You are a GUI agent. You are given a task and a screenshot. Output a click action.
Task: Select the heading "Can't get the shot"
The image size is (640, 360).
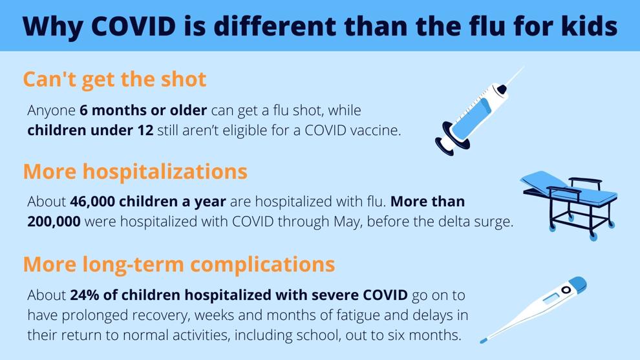click(x=114, y=79)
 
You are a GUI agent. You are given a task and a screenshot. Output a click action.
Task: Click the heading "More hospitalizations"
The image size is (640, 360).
click(x=135, y=171)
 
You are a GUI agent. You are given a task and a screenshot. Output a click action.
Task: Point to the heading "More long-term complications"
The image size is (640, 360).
click(x=179, y=264)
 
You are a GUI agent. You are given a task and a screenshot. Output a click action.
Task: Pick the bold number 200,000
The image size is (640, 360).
click(x=54, y=221)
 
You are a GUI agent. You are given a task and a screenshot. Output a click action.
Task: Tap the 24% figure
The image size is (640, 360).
click(x=85, y=295)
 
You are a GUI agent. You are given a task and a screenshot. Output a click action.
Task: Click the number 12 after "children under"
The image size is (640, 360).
click(x=145, y=130)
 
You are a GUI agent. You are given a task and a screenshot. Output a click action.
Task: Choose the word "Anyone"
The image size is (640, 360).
click(x=52, y=111)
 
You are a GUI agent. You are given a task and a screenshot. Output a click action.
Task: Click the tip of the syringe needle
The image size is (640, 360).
click(x=524, y=67)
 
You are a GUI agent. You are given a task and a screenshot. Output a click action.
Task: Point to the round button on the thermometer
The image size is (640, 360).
click(x=566, y=290)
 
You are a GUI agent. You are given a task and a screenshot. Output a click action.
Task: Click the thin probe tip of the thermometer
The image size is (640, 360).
click(x=484, y=339)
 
